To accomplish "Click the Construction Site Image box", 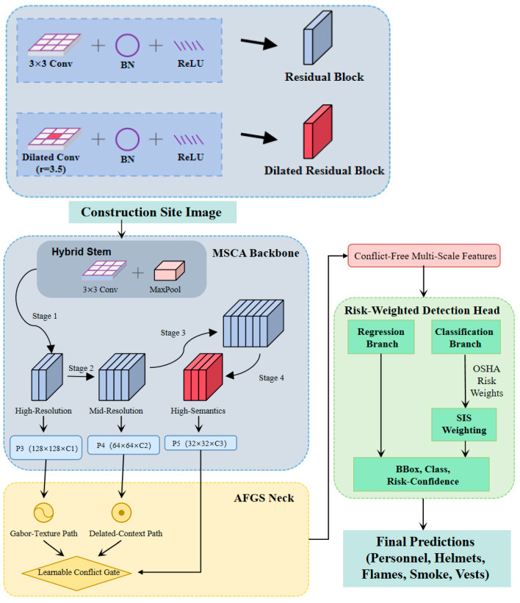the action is [152, 212].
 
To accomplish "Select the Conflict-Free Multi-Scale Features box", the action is [424, 256].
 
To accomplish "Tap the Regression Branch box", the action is [380, 337].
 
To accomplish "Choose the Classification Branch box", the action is [466, 337].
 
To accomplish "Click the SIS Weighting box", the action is [464, 425].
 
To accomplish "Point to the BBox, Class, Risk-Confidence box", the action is [422, 474].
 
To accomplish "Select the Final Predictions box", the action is [427, 558].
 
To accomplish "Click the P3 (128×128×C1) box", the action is [46, 447].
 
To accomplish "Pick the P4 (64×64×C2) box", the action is [123, 445].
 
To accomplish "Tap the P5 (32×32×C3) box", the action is [201, 443].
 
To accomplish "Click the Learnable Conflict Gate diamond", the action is [77, 573].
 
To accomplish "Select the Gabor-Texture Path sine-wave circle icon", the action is [43, 512].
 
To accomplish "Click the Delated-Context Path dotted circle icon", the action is [121, 512].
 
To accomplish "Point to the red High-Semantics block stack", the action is [203, 378].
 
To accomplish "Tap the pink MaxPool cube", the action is [169, 271].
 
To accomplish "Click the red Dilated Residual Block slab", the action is [318, 131].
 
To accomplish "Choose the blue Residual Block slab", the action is [318, 37].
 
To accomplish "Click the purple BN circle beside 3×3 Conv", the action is [127, 46].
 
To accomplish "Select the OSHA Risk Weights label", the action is [486, 380].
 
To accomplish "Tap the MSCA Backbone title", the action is [256, 253].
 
